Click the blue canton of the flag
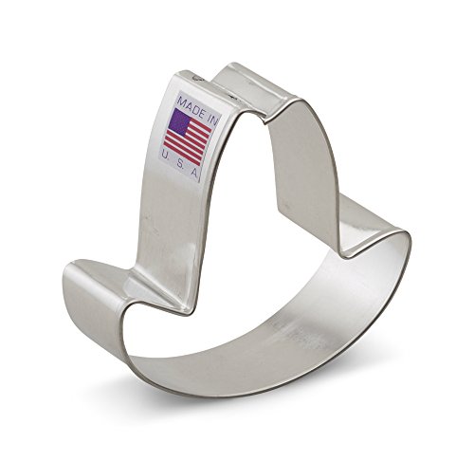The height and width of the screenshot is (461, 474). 179,122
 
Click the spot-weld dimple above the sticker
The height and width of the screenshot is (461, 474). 198,77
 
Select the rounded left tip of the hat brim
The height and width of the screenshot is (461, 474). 68,278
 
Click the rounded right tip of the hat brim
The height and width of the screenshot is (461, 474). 408,240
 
